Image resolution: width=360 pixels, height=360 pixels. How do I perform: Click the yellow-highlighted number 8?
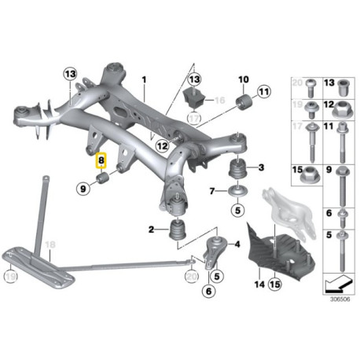pos(101,160)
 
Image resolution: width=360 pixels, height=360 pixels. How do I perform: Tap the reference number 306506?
pos(340,299)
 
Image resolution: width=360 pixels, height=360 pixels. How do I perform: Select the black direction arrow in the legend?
pos(338,284)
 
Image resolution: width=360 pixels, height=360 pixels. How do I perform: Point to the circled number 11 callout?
pos(263,92)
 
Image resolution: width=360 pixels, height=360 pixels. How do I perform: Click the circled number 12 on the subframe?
pos(163,145)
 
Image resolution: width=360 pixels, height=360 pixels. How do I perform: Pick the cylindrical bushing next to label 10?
pos(244,102)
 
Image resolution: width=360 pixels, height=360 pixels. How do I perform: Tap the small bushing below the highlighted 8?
pos(103,178)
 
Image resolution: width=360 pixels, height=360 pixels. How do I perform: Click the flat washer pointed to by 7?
pos(238,191)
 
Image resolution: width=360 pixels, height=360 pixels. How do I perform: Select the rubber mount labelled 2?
pos(178,230)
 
